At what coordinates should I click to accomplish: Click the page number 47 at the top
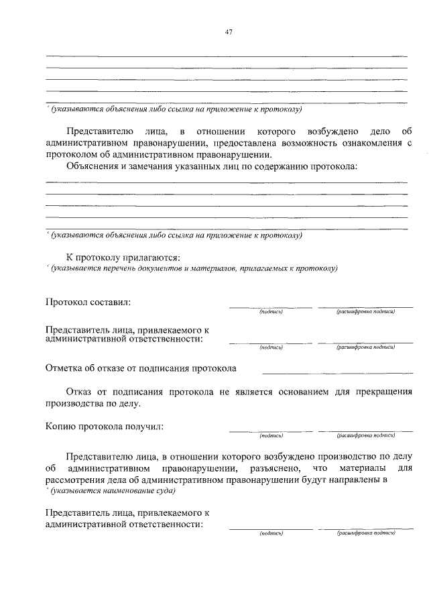point(229,31)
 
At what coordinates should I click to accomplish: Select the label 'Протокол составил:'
point(88,302)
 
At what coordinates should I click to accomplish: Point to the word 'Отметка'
point(64,368)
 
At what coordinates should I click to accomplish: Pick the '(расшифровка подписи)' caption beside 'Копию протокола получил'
point(366,436)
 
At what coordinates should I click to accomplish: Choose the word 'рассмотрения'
point(74,479)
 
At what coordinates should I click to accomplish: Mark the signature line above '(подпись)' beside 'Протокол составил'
point(271,307)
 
